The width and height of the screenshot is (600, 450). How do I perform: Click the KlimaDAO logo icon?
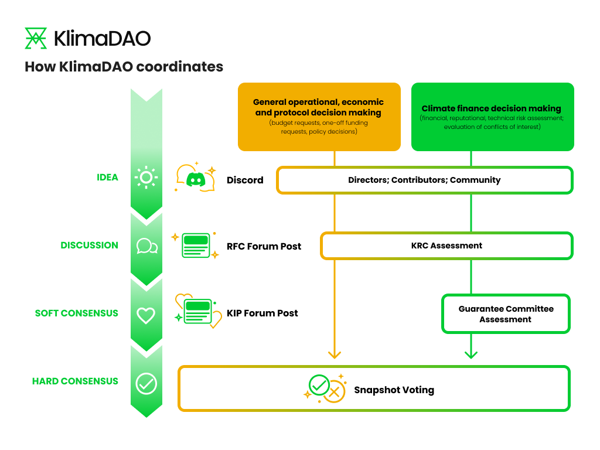[36, 38]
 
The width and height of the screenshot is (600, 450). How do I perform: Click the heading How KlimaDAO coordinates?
[124, 67]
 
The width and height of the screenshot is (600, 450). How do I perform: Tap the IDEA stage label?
[107, 177]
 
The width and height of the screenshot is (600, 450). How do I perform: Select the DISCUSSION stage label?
[89, 245]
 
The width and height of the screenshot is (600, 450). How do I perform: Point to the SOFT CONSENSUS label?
[76, 313]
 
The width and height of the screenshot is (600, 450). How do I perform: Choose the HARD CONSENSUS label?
[75, 381]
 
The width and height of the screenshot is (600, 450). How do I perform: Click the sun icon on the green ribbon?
[146, 177]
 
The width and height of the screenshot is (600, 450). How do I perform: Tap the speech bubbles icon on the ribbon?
[146, 246]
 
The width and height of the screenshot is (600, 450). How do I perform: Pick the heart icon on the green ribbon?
[146, 315]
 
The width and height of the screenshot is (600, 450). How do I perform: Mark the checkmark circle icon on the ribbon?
[146, 384]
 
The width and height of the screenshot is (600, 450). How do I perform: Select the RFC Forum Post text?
[264, 246]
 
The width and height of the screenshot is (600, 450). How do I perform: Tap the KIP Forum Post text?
[262, 313]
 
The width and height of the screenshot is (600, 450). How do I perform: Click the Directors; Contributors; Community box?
[424, 180]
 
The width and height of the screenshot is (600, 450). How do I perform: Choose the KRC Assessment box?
[446, 246]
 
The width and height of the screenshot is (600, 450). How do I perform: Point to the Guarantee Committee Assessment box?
[506, 314]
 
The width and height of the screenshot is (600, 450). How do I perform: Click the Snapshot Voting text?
[394, 390]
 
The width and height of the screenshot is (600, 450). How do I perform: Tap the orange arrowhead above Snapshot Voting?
[335, 354]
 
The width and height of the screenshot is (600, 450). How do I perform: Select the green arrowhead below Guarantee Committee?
[471, 354]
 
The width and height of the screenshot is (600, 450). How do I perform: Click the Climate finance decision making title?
[492, 108]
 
